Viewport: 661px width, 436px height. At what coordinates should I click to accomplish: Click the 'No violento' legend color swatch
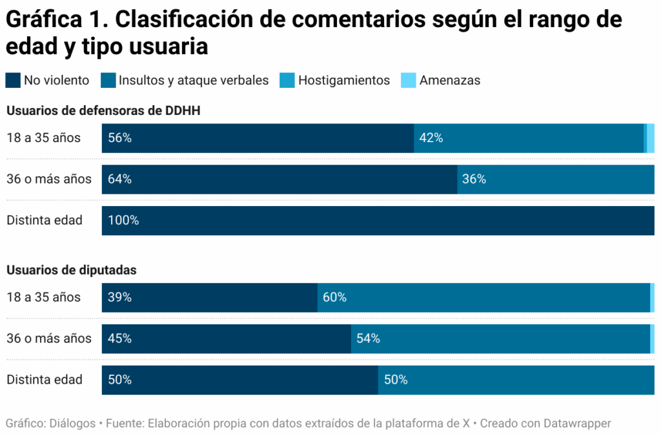click(13, 80)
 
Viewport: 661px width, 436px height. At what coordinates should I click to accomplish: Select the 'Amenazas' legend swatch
click(409, 80)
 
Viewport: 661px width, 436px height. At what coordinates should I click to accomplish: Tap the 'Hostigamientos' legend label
click(344, 80)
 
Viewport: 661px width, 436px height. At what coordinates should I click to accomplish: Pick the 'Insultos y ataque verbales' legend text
click(194, 80)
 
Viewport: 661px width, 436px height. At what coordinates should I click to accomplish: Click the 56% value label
click(120, 138)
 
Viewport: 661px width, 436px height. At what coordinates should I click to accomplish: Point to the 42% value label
click(431, 138)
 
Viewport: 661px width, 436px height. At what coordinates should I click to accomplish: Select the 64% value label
click(120, 179)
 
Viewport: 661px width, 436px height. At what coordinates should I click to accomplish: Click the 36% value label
click(474, 179)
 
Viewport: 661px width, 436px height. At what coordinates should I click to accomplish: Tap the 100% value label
click(123, 220)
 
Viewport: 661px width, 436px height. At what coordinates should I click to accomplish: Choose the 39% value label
click(120, 297)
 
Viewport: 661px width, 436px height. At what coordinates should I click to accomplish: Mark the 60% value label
click(335, 297)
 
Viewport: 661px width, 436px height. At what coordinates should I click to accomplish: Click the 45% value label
click(120, 338)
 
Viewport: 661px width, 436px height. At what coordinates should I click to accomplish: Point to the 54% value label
click(368, 338)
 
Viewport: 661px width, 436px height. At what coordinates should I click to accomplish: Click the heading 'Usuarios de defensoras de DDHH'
click(103, 110)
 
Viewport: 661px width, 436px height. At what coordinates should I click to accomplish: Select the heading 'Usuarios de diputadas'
click(72, 270)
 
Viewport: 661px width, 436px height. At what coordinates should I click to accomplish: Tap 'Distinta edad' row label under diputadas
click(45, 380)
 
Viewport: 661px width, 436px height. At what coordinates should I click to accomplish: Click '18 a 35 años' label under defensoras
click(43, 138)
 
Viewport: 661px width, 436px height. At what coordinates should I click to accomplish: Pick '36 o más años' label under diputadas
click(49, 338)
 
